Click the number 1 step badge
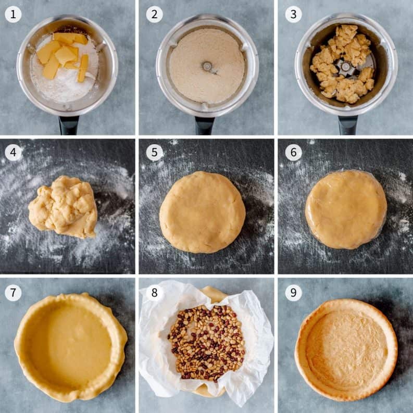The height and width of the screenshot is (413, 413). (13, 14)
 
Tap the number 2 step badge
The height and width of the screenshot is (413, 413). (154, 14)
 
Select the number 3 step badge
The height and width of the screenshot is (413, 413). (293, 14)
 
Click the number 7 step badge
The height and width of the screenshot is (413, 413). (13, 293)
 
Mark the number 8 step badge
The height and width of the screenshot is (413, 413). (154, 293)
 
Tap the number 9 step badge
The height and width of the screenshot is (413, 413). (293, 293)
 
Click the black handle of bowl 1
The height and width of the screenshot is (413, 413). (68, 125)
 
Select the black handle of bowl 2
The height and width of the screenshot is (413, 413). (205, 125)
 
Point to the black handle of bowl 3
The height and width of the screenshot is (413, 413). (347, 125)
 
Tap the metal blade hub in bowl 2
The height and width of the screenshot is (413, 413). (207, 66)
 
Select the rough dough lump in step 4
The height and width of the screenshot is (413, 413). (63, 207)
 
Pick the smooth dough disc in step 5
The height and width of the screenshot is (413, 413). (202, 211)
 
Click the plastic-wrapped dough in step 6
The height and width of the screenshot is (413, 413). (346, 209)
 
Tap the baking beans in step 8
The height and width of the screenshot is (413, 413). (206, 343)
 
